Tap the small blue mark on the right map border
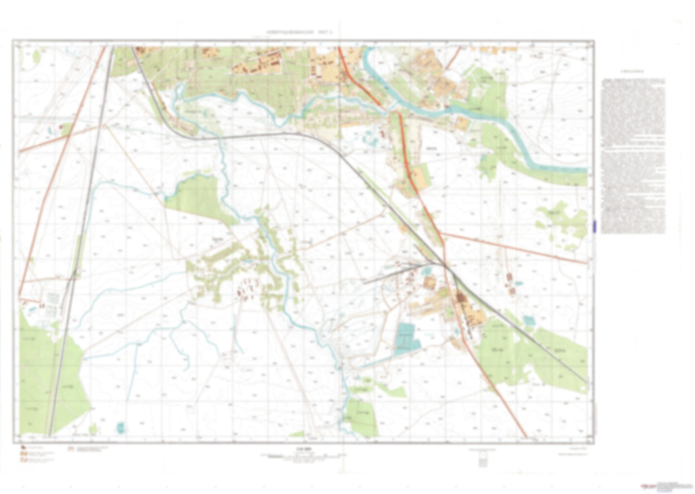(594, 226)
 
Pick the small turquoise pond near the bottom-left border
(120, 426)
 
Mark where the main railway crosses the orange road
(445, 266)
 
